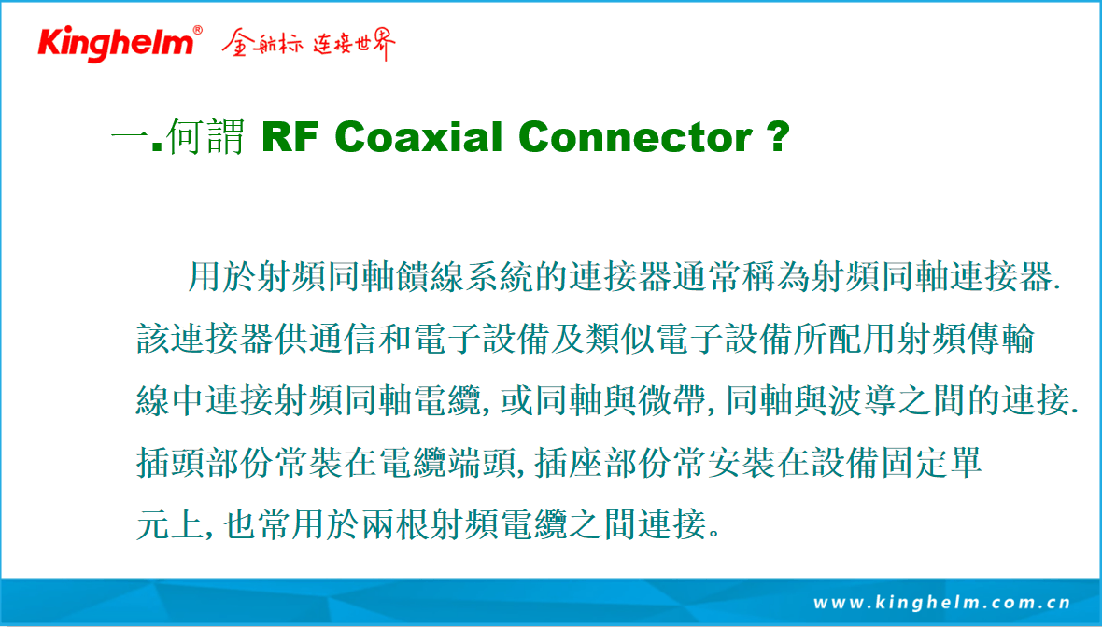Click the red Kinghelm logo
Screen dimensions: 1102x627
coord(116,44)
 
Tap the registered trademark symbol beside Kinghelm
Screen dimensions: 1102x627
coord(197,30)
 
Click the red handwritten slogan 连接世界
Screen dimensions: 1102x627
coord(354,44)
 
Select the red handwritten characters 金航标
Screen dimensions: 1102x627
coord(262,44)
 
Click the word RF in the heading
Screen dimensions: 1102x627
coord(290,137)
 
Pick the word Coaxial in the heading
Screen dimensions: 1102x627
coord(419,136)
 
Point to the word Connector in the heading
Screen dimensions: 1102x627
coord(636,137)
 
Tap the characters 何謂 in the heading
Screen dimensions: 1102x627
coord(205,136)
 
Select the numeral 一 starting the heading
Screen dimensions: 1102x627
coord(130,137)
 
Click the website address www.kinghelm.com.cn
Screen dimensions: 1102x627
coord(941,603)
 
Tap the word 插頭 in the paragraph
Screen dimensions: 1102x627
coord(171,462)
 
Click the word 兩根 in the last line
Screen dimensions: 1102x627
coord(396,523)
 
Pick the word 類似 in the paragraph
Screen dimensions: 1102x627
coord(621,339)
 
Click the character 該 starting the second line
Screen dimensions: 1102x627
coord(153,339)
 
